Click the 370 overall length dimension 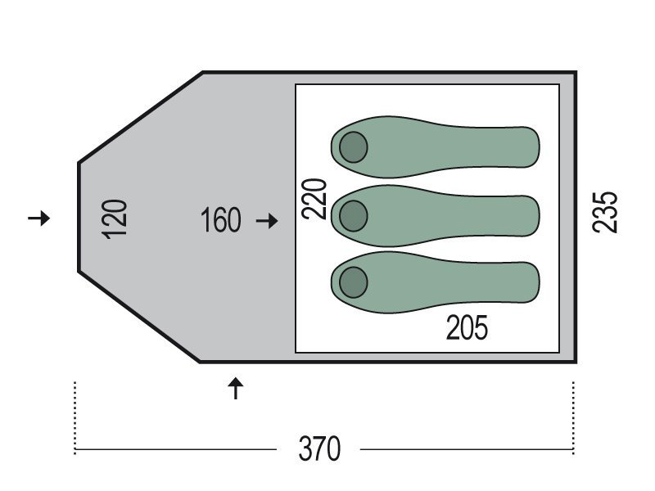(x=319, y=448)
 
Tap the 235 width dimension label (x=605, y=212)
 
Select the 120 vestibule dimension (x=114, y=219)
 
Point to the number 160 (x=221, y=220)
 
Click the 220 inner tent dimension (x=314, y=199)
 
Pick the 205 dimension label (x=467, y=328)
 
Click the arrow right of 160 (x=267, y=220)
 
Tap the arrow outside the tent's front (x=38, y=218)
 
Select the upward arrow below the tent (x=236, y=388)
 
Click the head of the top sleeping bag (x=354, y=147)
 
